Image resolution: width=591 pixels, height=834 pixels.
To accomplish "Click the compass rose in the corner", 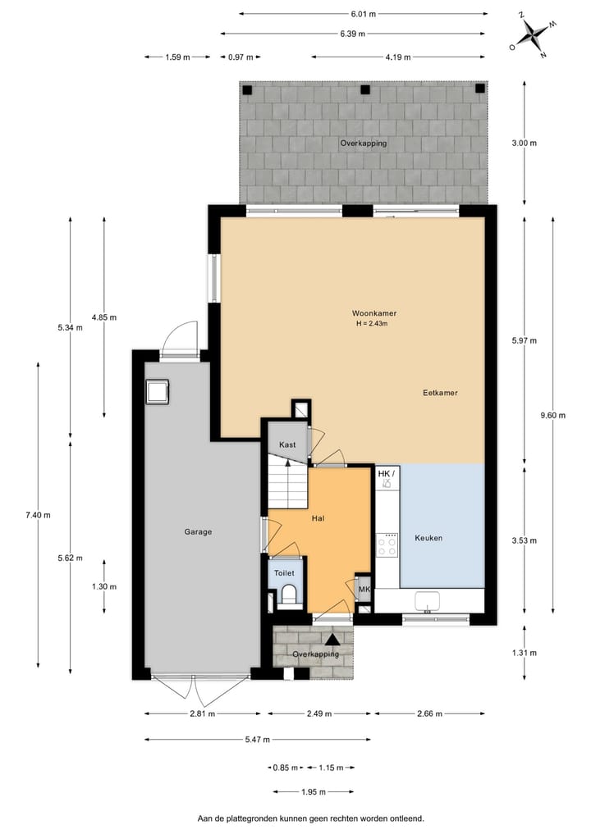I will [533, 34].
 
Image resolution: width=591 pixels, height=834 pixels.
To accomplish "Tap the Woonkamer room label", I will [369, 313].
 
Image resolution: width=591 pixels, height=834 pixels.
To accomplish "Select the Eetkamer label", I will [440, 393].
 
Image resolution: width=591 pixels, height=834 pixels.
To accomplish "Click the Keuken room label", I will [428, 538].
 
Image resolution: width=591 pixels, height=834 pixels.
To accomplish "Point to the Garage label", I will [198, 531].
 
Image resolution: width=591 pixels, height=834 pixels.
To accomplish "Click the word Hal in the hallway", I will [318, 518].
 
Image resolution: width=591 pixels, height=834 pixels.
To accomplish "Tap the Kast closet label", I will [287, 444].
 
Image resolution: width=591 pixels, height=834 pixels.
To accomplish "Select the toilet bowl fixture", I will [287, 595].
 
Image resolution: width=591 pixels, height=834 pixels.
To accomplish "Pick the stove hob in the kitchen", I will [387, 545].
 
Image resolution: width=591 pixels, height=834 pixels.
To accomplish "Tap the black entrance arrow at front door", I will [332, 638].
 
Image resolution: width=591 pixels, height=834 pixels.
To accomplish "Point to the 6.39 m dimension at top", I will [353, 34].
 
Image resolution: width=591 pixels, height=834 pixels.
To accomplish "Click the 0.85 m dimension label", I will [281, 768].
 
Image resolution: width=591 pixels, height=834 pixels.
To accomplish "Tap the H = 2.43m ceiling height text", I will [371, 324].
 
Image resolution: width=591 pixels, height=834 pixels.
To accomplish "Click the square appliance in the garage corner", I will [156, 392].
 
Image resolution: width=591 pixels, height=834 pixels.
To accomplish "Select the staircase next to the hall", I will [286, 484].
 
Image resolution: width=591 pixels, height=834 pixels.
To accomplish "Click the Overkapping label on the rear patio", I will [363, 143].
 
